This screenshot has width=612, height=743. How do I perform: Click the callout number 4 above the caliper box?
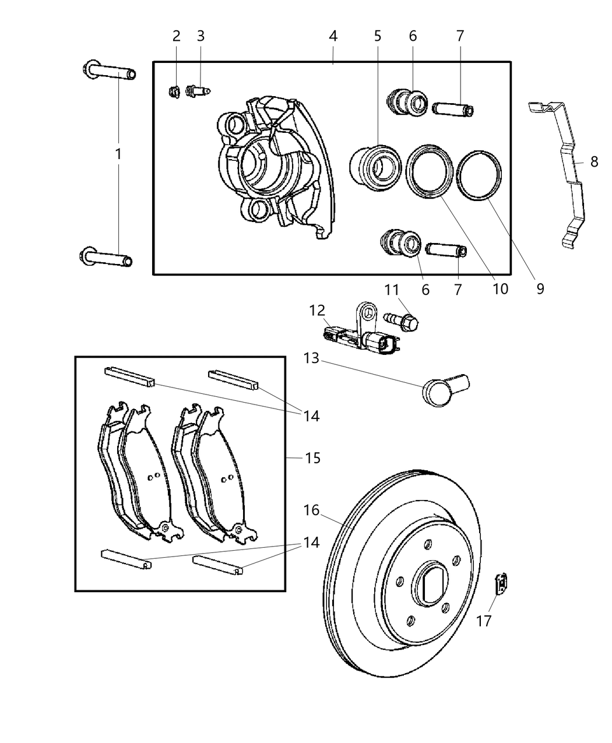(333, 36)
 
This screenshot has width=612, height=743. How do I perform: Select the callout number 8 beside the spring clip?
(593, 161)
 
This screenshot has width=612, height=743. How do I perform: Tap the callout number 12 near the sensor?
(316, 311)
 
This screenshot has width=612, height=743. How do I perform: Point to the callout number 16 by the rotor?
(311, 510)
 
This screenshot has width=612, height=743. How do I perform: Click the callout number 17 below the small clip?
(484, 621)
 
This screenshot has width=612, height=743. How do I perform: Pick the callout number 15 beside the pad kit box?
(312, 458)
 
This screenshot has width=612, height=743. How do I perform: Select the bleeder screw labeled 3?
(197, 91)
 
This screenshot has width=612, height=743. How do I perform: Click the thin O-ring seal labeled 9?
(479, 175)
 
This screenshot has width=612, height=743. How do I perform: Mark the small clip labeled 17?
(501, 583)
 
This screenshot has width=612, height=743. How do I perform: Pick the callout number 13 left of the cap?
(311, 358)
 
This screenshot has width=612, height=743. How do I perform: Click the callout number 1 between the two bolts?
(118, 154)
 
